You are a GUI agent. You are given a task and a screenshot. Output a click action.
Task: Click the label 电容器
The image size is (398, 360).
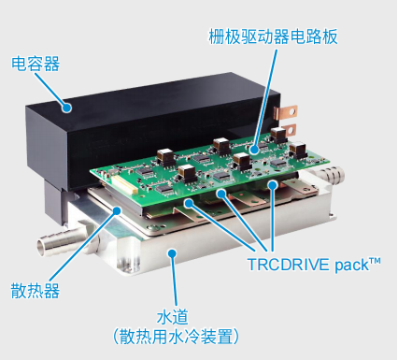pyautogui.click(x=35, y=64)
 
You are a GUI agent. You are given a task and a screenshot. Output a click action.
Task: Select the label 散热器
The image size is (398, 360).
pyautogui.click(x=36, y=290)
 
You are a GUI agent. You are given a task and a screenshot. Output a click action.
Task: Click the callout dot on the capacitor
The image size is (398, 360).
pyautogui.click(x=67, y=106)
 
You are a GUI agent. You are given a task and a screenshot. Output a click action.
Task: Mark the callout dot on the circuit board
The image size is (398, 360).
pyautogui.click(x=252, y=147)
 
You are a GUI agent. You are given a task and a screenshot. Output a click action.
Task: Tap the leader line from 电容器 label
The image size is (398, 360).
pyautogui.click(x=54, y=86)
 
